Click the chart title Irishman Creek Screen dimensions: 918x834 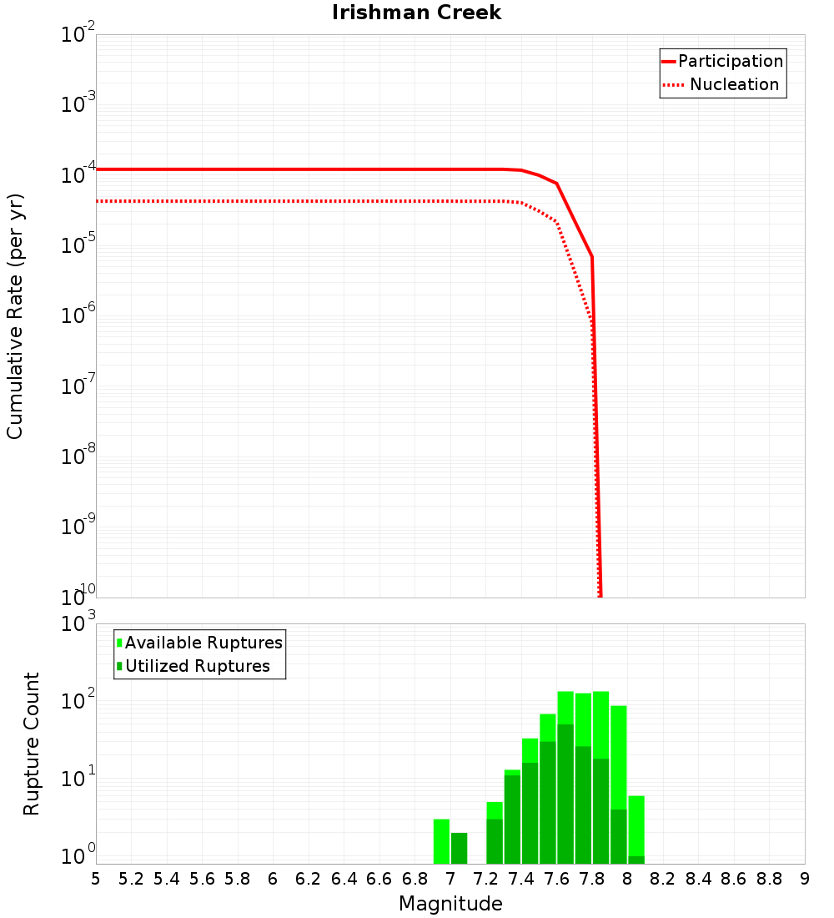pyautogui.click(x=416, y=13)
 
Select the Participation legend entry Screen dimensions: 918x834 pyautogui.click(x=731, y=61)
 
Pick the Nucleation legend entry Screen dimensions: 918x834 pyautogui.click(x=734, y=84)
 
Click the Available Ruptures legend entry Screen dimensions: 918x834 pyautogui.click(x=203, y=643)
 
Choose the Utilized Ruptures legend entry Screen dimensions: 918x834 pyautogui.click(x=197, y=666)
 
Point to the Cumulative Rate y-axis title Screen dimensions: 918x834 pyautogui.click(x=15, y=315)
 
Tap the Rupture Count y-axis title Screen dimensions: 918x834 pyautogui.click(x=32, y=743)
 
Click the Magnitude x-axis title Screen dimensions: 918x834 pyautogui.click(x=450, y=904)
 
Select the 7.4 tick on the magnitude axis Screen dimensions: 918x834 pyautogui.click(x=521, y=878)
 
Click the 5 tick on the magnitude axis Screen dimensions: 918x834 pyautogui.click(x=96, y=878)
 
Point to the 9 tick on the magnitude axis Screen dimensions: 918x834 pyautogui.click(x=805, y=878)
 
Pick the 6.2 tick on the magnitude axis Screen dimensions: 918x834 pyautogui.click(x=309, y=878)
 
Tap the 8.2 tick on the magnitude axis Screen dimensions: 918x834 pyautogui.click(x=663, y=878)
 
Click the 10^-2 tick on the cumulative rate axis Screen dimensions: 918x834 pyautogui.click(x=78, y=35)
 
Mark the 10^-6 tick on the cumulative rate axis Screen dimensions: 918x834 pyautogui.click(x=78, y=315)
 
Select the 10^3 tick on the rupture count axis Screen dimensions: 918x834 pyautogui.click(x=78, y=623)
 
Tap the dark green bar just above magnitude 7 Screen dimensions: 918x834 pyautogui.click(x=459, y=848)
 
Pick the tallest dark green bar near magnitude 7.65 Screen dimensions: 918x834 pyautogui.click(x=565, y=793)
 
